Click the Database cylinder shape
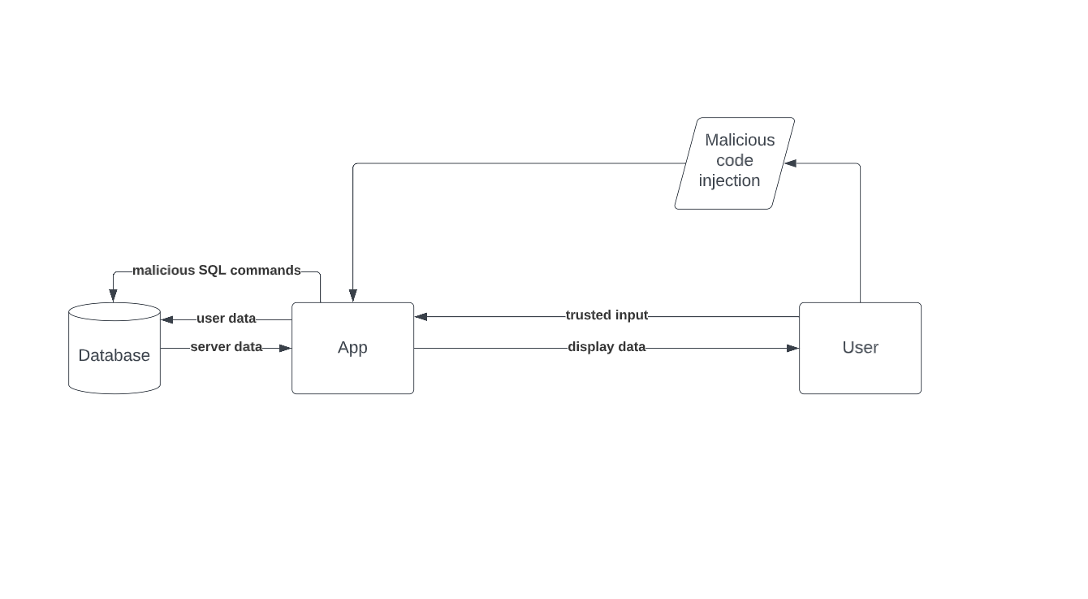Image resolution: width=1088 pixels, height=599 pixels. click(114, 355)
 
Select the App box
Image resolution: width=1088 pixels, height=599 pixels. click(352, 348)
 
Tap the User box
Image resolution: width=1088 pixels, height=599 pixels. click(860, 348)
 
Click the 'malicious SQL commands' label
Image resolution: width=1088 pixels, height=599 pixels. click(216, 271)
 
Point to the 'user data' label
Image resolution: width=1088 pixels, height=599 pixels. click(226, 319)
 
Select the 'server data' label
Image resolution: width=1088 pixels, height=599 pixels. click(226, 347)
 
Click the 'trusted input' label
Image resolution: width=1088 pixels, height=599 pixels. click(607, 315)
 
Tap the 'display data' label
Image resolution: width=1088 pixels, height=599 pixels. click(607, 347)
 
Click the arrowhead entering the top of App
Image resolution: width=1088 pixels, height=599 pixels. click(352, 296)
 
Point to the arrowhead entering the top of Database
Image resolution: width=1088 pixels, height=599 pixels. click(113, 296)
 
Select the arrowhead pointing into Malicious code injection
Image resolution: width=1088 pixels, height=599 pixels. click(790, 163)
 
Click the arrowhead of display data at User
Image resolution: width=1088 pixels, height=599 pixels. click(792, 349)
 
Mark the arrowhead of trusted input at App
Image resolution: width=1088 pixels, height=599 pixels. click(421, 317)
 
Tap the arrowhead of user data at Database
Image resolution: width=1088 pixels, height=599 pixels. click(167, 320)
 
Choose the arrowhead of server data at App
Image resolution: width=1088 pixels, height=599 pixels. click(285, 349)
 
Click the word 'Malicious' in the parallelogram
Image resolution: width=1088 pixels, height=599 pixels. click(740, 141)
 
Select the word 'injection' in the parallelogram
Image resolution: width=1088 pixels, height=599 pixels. click(729, 181)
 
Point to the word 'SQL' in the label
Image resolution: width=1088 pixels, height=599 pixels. click(212, 271)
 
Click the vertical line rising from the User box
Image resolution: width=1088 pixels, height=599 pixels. click(860, 236)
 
